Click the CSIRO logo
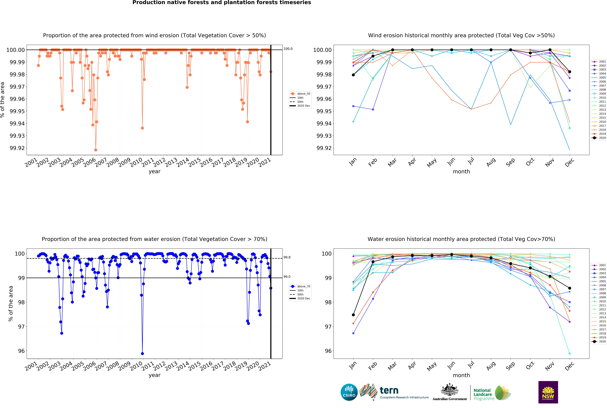[349, 392]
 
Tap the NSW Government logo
[548, 392]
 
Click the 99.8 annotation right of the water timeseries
[287, 257]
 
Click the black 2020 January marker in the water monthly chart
[353, 315]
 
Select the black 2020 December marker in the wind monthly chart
[570, 72]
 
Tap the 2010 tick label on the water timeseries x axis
[136, 366]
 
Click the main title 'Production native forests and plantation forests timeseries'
[222, 3]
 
